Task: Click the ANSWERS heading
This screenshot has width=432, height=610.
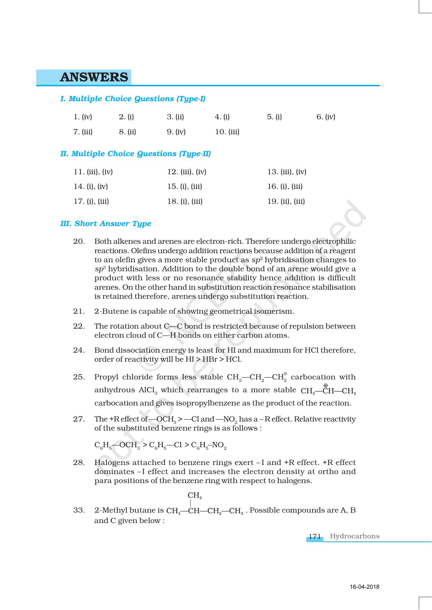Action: point(94,77)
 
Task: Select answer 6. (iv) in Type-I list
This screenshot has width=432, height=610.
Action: point(325,117)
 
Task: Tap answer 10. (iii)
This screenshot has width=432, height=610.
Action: point(227,132)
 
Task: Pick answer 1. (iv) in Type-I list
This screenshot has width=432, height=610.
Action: point(83,117)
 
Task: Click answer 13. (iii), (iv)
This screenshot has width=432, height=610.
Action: point(286,172)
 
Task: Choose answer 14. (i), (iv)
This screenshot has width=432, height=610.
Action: point(91,186)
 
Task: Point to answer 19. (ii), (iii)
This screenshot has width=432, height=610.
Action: point(286,201)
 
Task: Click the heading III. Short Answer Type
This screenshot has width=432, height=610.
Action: point(106,224)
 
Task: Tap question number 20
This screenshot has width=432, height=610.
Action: point(79,241)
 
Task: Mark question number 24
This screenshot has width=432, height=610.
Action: point(79,350)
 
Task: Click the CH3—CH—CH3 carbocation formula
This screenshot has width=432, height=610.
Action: point(328,391)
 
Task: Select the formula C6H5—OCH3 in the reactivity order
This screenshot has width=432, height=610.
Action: point(117,446)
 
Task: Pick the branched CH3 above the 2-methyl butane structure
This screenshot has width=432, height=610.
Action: point(195,496)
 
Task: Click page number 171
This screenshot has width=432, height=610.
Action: point(314,536)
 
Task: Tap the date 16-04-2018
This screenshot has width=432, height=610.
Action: point(364,587)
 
